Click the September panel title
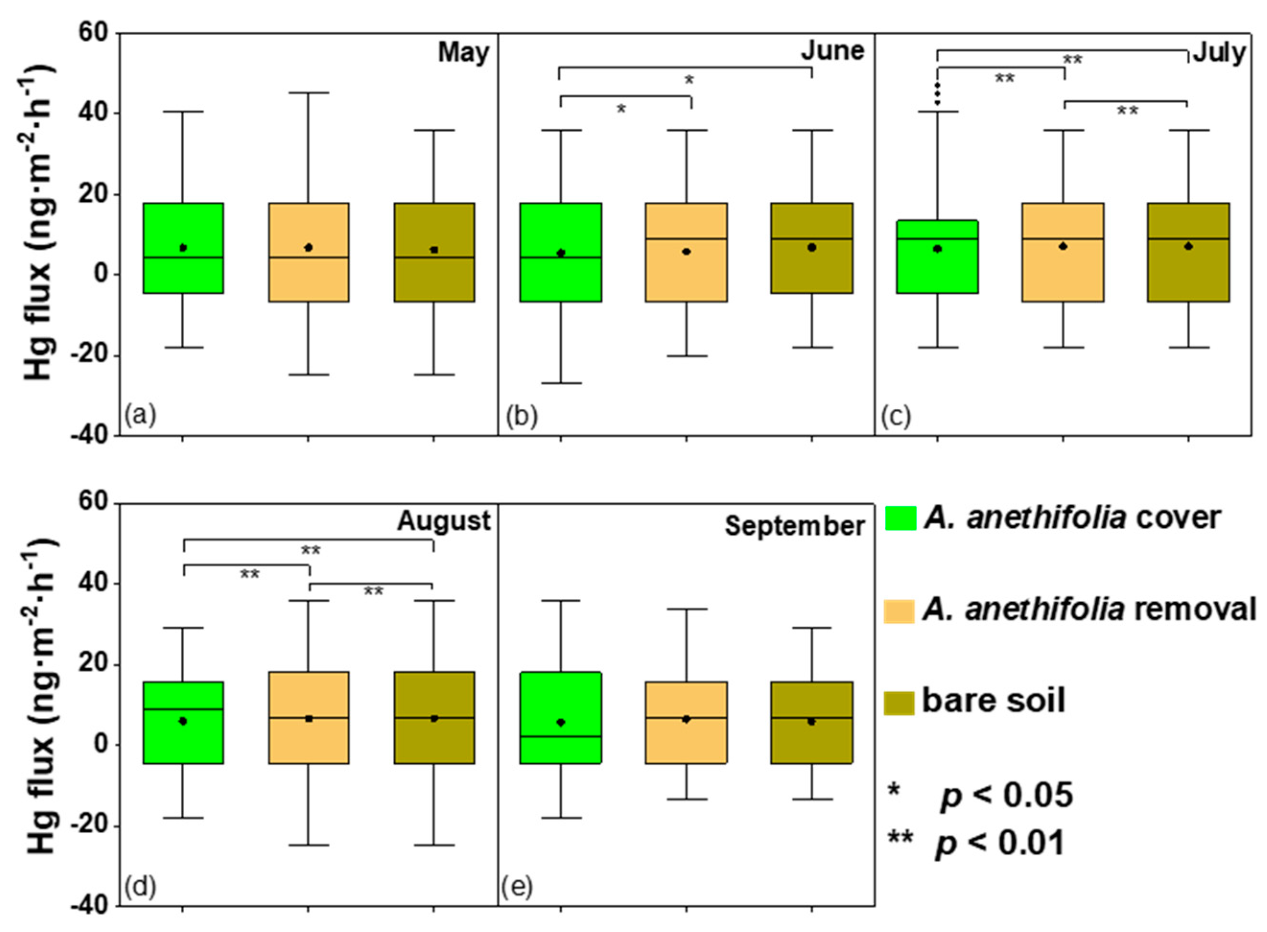pos(795,526)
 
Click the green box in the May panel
pos(183,248)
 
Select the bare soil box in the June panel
pos(811,248)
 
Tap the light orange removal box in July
pos(1063,253)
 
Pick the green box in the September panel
pos(560,718)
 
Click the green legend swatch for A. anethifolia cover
pos(900,518)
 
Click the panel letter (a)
pos(140,416)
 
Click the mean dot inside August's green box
pos(183,721)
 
